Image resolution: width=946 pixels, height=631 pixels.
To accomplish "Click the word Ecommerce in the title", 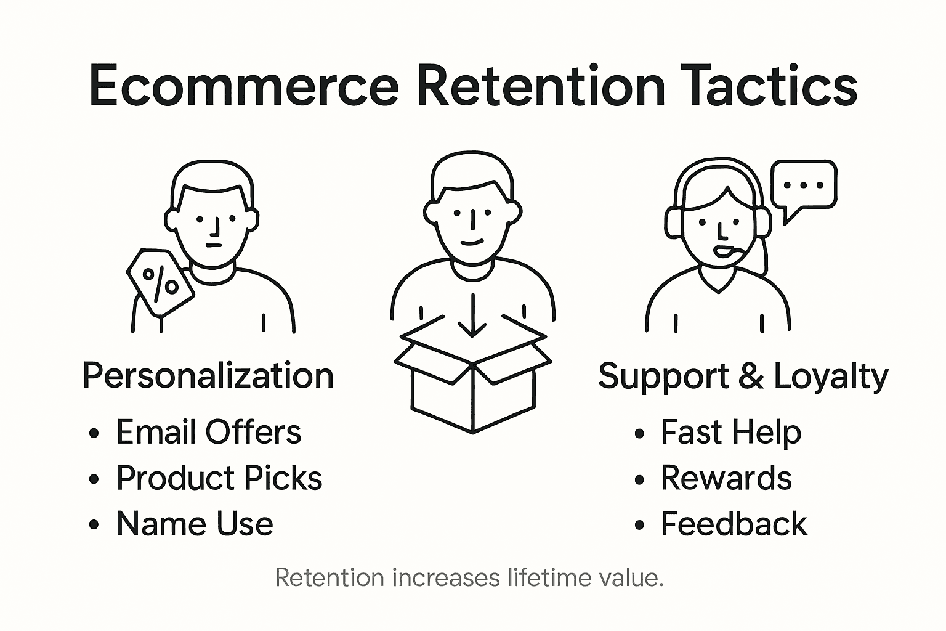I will (x=244, y=86).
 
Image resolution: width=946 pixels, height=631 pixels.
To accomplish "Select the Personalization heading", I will (x=208, y=376).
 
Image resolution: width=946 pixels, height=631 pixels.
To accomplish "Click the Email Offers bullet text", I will (x=209, y=432).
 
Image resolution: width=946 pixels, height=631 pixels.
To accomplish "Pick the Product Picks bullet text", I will (x=219, y=478).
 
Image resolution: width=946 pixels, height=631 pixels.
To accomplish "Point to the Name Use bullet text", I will (x=195, y=524).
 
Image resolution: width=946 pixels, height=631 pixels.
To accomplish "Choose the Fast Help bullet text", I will (x=731, y=432).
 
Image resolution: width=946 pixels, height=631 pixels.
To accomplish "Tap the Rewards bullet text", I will (x=726, y=478).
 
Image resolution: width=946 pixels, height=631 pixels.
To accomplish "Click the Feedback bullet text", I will (x=734, y=524).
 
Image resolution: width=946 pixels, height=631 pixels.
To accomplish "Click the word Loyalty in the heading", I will (x=831, y=376).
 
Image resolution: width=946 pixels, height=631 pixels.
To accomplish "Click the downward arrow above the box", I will (x=472, y=315).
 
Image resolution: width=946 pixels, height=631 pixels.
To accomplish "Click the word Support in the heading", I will (x=663, y=376).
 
